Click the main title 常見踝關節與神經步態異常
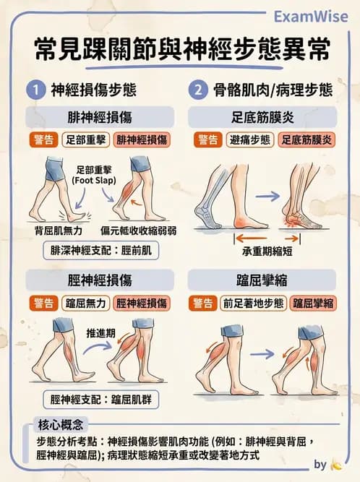click(x=181, y=51)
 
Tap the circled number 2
click(x=198, y=91)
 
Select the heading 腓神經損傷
click(x=100, y=116)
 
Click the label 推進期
click(x=101, y=333)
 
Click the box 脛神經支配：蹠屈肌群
click(x=101, y=398)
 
